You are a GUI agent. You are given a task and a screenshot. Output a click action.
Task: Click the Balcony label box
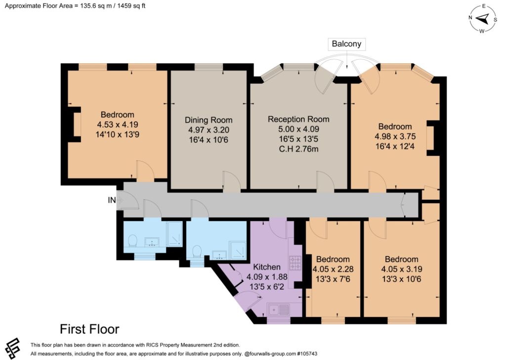346,44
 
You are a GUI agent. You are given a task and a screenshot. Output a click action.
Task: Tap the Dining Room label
209,120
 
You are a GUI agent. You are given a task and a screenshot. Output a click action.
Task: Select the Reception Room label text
298,119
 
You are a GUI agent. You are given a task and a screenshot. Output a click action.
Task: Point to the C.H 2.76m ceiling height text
298,149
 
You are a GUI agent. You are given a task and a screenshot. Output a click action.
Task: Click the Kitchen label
266,267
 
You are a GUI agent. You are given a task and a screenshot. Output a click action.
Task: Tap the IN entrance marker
112,200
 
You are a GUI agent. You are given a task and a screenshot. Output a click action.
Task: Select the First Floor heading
89,329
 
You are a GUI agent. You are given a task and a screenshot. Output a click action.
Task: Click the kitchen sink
278,310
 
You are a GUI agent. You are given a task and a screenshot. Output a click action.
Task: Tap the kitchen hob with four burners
295,263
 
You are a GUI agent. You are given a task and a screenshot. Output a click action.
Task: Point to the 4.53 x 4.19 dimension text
118,125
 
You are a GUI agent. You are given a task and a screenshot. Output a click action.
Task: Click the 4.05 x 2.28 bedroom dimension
333,269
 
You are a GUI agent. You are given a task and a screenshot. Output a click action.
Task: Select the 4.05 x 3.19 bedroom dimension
402,269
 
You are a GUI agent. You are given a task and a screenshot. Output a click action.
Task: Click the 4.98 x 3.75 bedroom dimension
395,136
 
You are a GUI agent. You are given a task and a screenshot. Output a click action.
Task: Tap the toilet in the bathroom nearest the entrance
132,240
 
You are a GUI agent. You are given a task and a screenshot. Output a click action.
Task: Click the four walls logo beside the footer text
12,348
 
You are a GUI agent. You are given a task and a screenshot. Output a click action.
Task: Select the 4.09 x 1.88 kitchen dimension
267,277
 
